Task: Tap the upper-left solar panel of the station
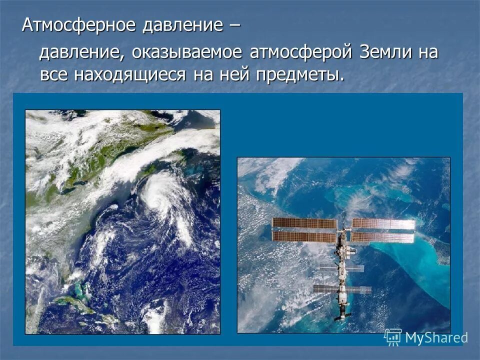tap(304, 223)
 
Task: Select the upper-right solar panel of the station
tap(383, 223)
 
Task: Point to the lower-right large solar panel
tap(383, 237)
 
